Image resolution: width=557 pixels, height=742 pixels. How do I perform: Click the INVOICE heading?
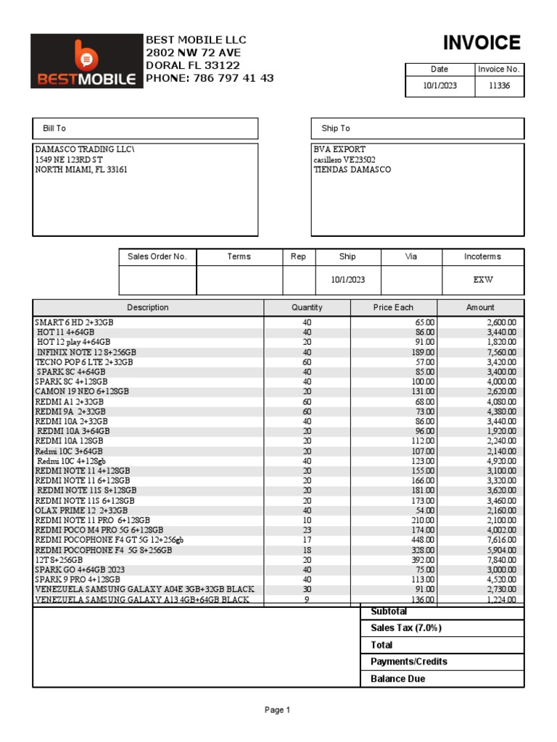coord(482,43)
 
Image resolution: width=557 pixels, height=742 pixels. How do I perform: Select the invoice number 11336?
coord(499,86)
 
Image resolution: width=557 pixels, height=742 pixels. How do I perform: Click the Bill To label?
coord(54,128)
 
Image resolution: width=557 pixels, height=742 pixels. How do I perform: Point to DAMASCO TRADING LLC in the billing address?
coord(85,149)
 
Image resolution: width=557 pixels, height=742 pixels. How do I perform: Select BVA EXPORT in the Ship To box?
coord(339,149)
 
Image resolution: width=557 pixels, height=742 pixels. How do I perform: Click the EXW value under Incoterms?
coord(482,280)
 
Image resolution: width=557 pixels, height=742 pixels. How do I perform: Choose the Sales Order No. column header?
coord(157,257)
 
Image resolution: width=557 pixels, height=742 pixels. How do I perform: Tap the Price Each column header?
coord(393,307)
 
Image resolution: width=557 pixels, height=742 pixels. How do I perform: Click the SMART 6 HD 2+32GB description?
coord(74,322)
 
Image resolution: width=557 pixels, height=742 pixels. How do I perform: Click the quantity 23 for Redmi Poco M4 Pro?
coord(306,530)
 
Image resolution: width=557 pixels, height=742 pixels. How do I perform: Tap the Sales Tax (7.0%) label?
coord(405,628)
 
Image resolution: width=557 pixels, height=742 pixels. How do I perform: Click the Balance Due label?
coord(397,679)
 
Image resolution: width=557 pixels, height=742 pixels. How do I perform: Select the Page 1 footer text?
coord(277,710)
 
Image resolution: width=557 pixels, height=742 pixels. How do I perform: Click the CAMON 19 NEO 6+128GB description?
coord(82,391)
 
